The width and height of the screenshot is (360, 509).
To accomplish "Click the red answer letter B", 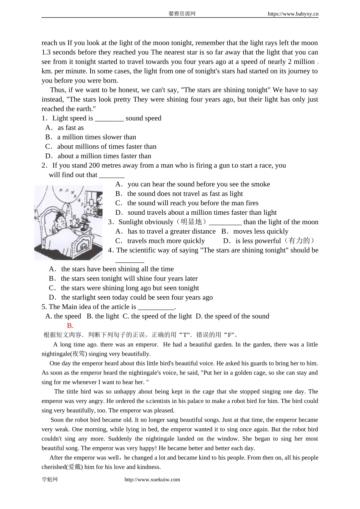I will (x=70, y=326).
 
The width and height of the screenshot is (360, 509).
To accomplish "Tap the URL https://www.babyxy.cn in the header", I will (x=293, y=14).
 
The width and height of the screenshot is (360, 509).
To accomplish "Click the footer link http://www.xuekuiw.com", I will (x=152, y=479).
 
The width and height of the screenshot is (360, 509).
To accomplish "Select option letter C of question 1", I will (x=48, y=147).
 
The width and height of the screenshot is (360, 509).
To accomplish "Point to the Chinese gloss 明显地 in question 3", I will (x=193, y=222).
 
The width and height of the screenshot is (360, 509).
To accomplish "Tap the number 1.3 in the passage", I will (x=47, y=52).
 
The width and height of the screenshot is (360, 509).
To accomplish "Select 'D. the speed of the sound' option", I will (x=232, y=316).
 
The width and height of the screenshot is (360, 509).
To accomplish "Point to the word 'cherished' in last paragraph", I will (x=54, y=467).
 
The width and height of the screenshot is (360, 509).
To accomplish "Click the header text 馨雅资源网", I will (x=182, y=14).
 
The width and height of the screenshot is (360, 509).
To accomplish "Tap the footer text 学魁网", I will (x=50, y=479).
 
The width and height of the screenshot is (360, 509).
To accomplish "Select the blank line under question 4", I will (x=130, y=261).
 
